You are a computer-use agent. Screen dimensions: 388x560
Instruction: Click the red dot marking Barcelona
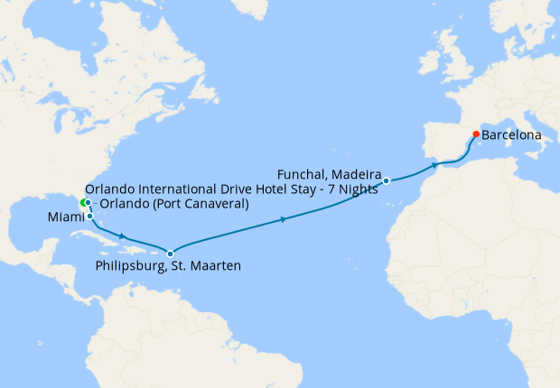tap(476, 134)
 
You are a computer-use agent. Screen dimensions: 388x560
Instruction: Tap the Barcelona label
tap(512, 135)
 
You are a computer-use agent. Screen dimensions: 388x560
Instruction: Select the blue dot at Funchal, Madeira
tap(386, 181)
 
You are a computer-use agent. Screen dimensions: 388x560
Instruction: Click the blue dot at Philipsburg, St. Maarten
tap(170, 253)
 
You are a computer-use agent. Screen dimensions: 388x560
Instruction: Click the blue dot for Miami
tap(89, 217)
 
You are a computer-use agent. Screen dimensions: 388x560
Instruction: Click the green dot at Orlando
tap(83, 202)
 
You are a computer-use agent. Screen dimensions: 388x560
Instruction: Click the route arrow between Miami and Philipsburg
tap(122, 236)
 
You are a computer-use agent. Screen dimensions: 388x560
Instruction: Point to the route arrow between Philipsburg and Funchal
tap(285, 219)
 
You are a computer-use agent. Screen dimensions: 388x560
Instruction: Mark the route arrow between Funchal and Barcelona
tap(435, 165)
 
